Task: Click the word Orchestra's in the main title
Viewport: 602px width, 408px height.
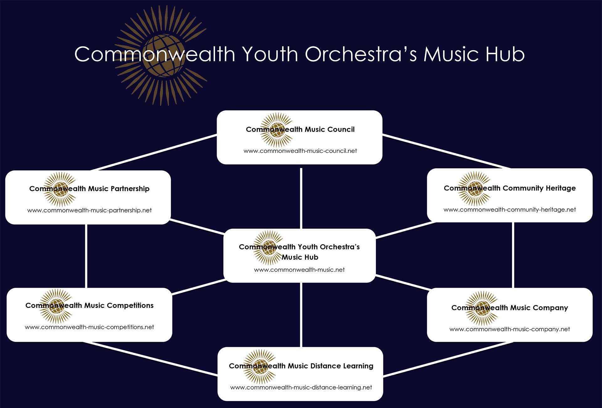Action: (361, 54)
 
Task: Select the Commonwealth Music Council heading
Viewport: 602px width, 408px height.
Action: (300, 129)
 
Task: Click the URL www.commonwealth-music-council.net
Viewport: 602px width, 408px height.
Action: (300, 151)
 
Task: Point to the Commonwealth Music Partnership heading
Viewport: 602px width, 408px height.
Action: (89, 189)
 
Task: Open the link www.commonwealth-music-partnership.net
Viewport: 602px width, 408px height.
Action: (89, 210)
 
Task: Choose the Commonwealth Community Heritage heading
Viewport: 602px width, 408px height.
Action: (510, 188)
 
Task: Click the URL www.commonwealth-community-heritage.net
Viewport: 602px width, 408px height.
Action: (510, 210)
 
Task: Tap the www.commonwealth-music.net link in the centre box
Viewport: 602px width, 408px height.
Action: (299, 270)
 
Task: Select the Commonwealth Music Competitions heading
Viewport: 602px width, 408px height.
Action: (89, 305)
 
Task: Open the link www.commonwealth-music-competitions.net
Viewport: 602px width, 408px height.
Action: (89, 327)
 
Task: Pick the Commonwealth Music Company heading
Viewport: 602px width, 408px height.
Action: (510, 308)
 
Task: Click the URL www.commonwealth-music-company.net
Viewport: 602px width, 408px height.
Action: (510, 329)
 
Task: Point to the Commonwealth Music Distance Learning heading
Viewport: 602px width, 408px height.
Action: (301, 366)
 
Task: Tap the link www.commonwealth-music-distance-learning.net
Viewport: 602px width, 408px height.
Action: (301, 388)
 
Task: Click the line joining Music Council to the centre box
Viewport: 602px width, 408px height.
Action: (301, 198)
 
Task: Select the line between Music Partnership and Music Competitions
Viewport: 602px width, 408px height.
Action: (86, 256)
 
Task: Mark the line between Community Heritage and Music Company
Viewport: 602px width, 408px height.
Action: (513, 255)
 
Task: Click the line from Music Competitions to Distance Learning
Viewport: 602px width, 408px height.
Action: (150, 358)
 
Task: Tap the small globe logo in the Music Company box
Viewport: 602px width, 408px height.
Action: (482, 308)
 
